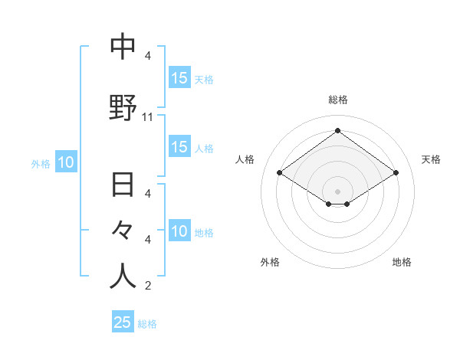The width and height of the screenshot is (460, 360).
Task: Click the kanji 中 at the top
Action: coord(123,47)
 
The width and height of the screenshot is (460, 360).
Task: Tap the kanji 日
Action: coord(123,186)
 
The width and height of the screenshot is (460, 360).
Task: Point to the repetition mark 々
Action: coord(123,229)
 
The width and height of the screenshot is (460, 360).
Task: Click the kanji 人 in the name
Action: coord(123,276)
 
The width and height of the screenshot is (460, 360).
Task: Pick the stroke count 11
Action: coord(148,117)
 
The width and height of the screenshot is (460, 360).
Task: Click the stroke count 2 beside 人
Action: coord(148,286)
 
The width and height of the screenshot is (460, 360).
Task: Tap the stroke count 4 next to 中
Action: coord(148,56)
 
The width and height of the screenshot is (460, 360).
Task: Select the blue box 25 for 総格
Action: coord(123,322)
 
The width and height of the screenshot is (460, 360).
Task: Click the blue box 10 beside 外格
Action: coord(65,162)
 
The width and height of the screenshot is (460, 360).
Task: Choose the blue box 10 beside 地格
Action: coord(179,231)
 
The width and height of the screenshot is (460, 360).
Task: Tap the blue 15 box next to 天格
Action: coord(179,78)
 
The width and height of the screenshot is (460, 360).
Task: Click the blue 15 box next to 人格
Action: coord(179,148)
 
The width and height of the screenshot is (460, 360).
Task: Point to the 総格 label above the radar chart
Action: coord(338,100)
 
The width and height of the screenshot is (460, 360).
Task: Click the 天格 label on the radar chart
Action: coord(432,159)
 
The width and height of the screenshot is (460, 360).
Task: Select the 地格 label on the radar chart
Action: coord(402,262)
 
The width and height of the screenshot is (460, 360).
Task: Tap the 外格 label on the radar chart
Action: coord(270,262)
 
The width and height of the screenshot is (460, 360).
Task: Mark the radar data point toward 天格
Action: coord(396,173)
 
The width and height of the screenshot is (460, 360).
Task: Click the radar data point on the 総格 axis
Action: coord(337,131)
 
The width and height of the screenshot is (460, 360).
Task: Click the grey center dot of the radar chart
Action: coord(337,191)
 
